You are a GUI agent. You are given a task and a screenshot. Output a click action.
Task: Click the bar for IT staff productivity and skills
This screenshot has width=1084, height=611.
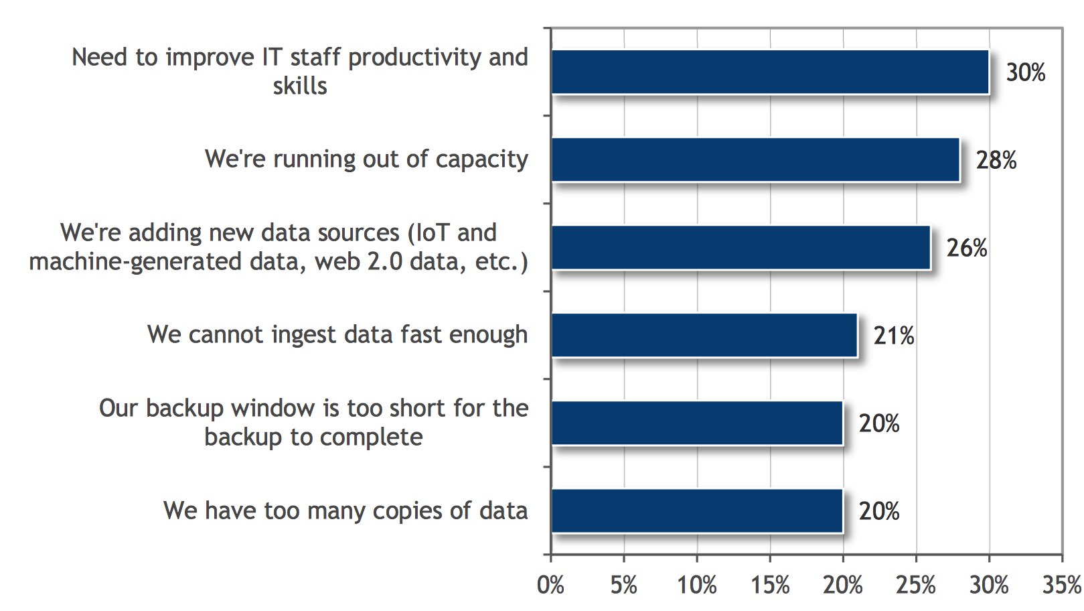770,72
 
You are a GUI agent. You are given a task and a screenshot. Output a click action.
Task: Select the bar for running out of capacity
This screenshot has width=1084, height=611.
755,159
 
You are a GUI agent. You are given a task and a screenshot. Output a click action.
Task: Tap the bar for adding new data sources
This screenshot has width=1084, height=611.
741,247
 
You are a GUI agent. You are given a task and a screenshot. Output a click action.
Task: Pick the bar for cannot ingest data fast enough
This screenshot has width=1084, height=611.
704,335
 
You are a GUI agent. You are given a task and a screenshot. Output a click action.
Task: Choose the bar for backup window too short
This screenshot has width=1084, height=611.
697,423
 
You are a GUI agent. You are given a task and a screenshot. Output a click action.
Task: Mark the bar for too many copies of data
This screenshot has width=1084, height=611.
697,511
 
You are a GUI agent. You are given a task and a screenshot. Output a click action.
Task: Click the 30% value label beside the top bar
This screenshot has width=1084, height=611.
1026,72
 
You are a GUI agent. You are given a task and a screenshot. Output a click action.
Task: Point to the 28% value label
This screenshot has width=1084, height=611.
996,160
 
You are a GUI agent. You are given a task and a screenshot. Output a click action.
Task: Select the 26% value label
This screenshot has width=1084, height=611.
967,248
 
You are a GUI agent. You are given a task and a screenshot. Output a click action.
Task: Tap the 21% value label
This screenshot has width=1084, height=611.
894,336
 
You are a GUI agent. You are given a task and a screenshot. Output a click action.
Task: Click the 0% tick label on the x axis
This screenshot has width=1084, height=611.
550,586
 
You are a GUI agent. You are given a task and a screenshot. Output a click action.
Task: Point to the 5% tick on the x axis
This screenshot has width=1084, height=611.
623,586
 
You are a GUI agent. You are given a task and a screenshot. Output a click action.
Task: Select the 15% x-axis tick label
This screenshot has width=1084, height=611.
770,586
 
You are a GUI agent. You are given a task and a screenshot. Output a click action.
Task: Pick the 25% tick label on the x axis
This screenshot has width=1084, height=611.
916,586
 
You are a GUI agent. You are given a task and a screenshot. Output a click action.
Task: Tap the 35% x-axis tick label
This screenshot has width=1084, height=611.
1062,586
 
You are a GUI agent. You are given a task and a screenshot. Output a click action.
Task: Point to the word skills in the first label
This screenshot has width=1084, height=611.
300,86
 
